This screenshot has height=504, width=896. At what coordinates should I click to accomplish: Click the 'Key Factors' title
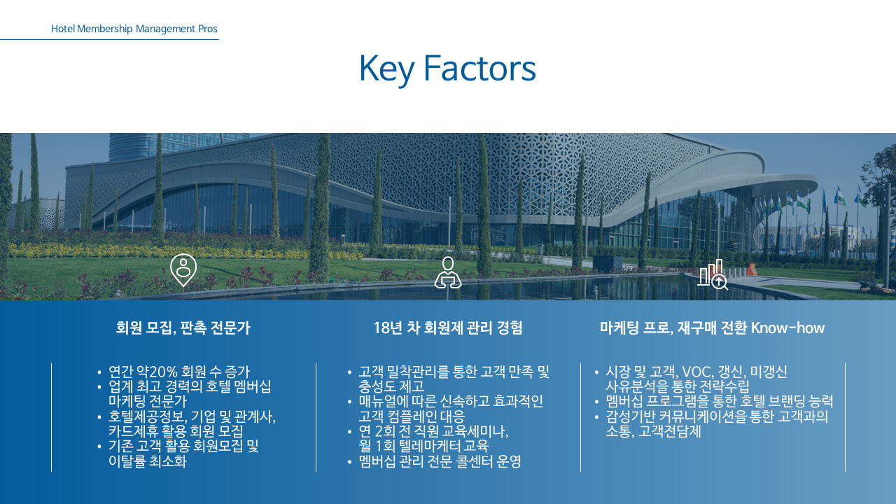(447, 69)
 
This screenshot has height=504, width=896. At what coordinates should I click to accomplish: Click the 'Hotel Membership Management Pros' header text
(134, 29)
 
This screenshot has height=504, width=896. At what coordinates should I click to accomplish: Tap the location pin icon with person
(183, 270)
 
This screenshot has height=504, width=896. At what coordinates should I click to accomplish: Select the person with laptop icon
(448, 272)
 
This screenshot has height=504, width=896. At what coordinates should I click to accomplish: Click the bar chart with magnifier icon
(713, 274)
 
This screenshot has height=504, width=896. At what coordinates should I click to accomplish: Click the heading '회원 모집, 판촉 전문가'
(183, 328)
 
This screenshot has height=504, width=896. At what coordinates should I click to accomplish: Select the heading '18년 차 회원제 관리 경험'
(448, 328)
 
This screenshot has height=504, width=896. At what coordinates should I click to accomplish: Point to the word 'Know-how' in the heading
(787, 328)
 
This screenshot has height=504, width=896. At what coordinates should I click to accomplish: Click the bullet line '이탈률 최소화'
(148, 461)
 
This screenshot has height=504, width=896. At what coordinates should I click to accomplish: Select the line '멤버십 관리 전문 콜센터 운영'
(440, 461)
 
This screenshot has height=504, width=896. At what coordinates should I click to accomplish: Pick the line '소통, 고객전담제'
(653, 432)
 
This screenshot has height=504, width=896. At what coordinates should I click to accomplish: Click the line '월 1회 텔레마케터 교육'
(423, 446)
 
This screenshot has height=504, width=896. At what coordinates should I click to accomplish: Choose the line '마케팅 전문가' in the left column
(148, 401)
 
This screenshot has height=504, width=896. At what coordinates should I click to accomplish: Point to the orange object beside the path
(752, 269)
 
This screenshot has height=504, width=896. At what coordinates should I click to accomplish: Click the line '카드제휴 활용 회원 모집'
(176, 431)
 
